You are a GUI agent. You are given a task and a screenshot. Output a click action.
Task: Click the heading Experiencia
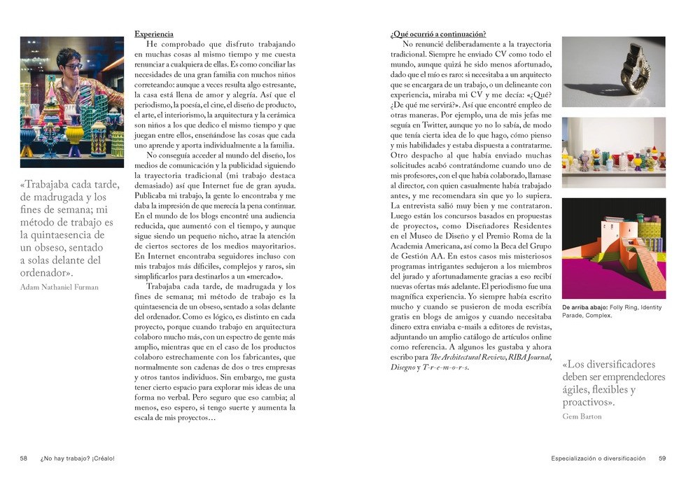coord(153,34)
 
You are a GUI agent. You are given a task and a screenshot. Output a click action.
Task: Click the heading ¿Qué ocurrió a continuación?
coord(437,34)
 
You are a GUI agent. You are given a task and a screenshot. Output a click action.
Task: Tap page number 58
coord(23,458)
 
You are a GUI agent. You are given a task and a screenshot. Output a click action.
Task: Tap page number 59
coord(661,458)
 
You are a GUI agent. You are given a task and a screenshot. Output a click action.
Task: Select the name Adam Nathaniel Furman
coord(59,287)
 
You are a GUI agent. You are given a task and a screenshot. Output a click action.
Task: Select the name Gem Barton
coord(582,416)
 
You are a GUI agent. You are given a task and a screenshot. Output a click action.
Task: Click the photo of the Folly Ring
coord(613,71)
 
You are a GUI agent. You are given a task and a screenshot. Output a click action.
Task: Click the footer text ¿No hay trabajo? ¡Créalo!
coord(77,458)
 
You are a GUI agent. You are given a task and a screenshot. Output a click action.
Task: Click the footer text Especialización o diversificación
coord(598,458)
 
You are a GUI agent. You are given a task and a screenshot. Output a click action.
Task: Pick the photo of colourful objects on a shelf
coord(613,152)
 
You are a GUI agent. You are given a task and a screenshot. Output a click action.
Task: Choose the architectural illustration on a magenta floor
coord(613,248)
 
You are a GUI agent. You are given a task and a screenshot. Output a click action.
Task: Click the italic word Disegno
coord(402,367)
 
